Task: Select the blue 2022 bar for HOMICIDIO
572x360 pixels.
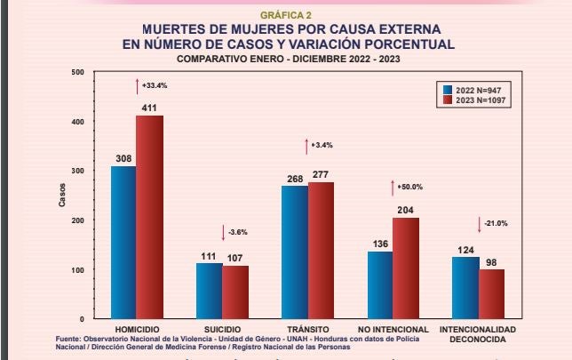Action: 123,242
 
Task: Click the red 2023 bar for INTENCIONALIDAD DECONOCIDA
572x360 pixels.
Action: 491,293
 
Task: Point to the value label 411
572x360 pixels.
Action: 149,108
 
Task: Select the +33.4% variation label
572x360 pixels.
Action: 155,85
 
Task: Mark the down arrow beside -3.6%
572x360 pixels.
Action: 223,232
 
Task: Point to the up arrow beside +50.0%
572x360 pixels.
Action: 392,187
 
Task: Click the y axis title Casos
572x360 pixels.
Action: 61,197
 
